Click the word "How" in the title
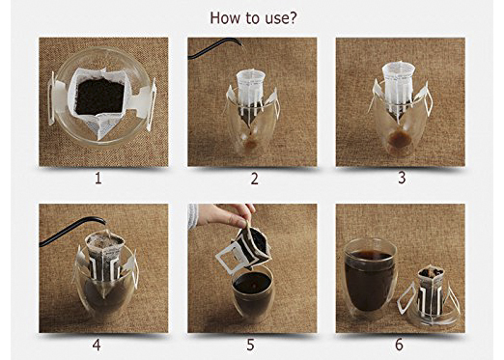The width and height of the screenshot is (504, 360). point(225,17)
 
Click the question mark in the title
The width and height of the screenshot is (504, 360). point(292,17)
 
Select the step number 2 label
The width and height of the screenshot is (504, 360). point(254,179)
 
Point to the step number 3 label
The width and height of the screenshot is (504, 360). point(400,179)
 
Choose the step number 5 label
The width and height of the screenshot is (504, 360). point(254,345)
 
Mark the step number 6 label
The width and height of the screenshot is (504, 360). point(399,345)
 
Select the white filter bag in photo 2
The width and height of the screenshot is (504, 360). point(252,92)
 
